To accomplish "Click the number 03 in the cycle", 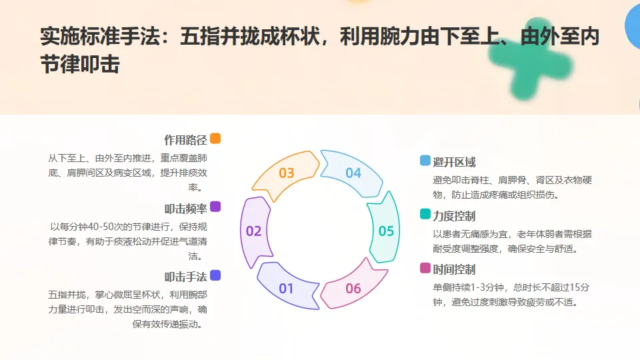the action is click(287, 173).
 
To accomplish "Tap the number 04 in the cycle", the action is click(353, 173).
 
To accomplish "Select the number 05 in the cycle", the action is click(386, 231).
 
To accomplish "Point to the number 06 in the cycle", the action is click(353, 289).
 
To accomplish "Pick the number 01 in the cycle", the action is click(287, 289).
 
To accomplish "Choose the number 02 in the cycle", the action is click(254, 231).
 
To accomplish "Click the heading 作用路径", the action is click(185, 140).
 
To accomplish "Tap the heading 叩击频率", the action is click(185, 208).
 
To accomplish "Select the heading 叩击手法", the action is click(185, 277).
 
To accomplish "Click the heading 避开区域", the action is click(454, 162).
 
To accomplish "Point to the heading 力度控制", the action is click(454, 216).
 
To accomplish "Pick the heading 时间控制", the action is click(454, 269).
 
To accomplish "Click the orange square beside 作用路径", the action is click(215, 139).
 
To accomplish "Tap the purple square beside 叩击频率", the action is click(215, 207).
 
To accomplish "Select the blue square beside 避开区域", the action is click(425, 161).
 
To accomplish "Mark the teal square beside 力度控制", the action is click(425, 215).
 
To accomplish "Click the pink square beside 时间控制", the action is click(425, 268).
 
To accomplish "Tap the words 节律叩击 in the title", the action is click(80, 65).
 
